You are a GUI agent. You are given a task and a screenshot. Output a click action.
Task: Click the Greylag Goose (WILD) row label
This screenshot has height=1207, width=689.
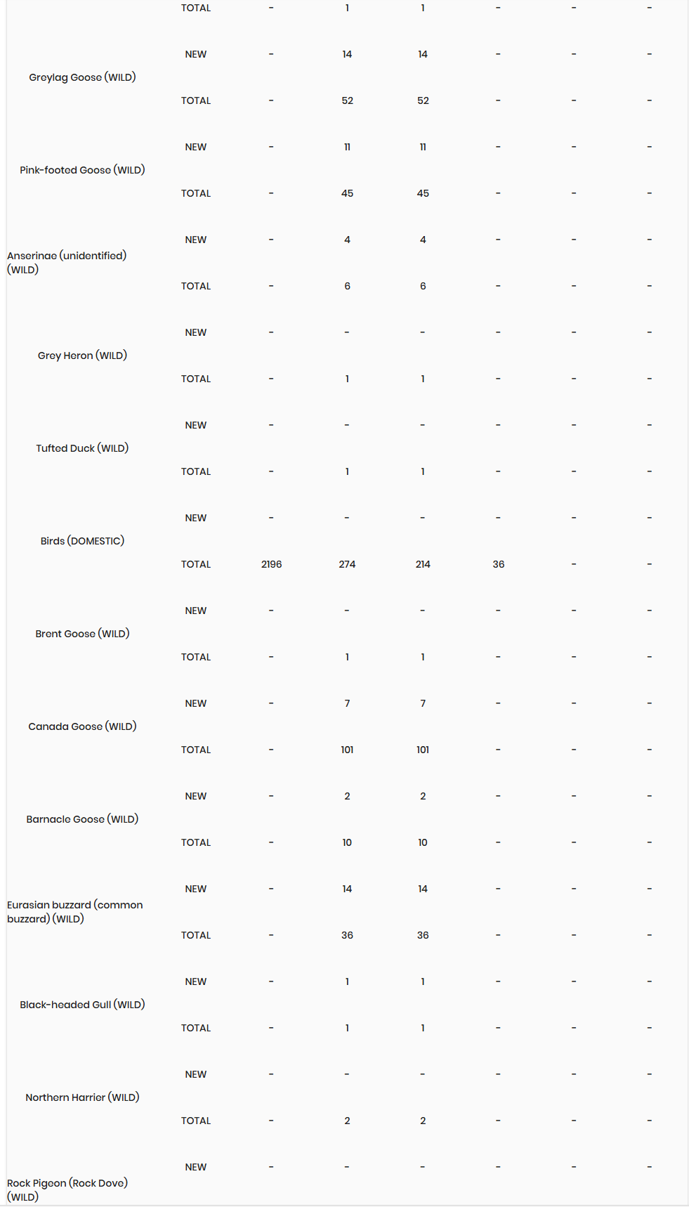tap(82, 77)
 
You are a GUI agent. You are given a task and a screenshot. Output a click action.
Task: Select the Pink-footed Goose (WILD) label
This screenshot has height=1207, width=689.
tap(82, 170)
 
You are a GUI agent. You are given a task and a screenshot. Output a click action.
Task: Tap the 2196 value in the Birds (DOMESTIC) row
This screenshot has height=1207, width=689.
tap(271, 564)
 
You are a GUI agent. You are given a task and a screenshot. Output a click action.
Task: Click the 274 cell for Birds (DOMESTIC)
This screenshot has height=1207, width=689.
tap(347, 564)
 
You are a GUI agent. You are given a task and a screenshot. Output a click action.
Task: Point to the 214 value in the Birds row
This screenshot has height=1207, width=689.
tap(423, 564)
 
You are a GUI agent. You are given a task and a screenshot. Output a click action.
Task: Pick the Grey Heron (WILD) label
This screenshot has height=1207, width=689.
tap(82, 355)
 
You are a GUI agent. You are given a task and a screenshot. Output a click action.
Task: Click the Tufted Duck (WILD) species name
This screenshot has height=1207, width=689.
tap(82, 448)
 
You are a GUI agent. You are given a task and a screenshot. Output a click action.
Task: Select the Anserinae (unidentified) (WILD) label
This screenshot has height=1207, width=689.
tap(67, 263)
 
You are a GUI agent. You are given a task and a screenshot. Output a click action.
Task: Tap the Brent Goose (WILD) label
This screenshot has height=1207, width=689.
tap(82, 634)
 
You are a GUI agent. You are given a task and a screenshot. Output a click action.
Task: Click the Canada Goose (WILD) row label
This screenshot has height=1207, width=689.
tap(82, 726)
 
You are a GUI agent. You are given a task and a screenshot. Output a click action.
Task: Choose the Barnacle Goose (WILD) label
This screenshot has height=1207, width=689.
tap(82, 819)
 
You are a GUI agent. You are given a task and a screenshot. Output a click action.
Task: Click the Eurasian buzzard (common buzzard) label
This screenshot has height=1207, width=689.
tap(74, 912)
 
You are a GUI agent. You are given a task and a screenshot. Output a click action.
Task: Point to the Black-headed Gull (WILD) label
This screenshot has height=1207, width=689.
tap(82, 1005)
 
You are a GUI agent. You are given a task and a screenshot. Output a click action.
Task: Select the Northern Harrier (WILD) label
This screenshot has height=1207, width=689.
tap(82, 1097)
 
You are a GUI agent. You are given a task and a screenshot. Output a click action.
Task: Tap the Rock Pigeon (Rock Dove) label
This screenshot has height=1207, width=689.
tap(67, 1189)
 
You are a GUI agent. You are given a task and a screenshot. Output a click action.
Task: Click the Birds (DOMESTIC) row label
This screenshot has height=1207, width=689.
tap(82, 541)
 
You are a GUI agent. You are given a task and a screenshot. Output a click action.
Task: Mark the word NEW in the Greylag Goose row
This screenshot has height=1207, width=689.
tap(195, 54)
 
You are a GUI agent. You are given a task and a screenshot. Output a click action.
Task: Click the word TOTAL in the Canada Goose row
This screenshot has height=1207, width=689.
tap(195, 750)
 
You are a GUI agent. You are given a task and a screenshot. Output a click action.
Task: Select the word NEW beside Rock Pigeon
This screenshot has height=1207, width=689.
tap(195, 1167)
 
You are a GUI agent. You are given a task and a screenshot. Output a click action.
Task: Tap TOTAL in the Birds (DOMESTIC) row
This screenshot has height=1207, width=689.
tap(195, 564)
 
